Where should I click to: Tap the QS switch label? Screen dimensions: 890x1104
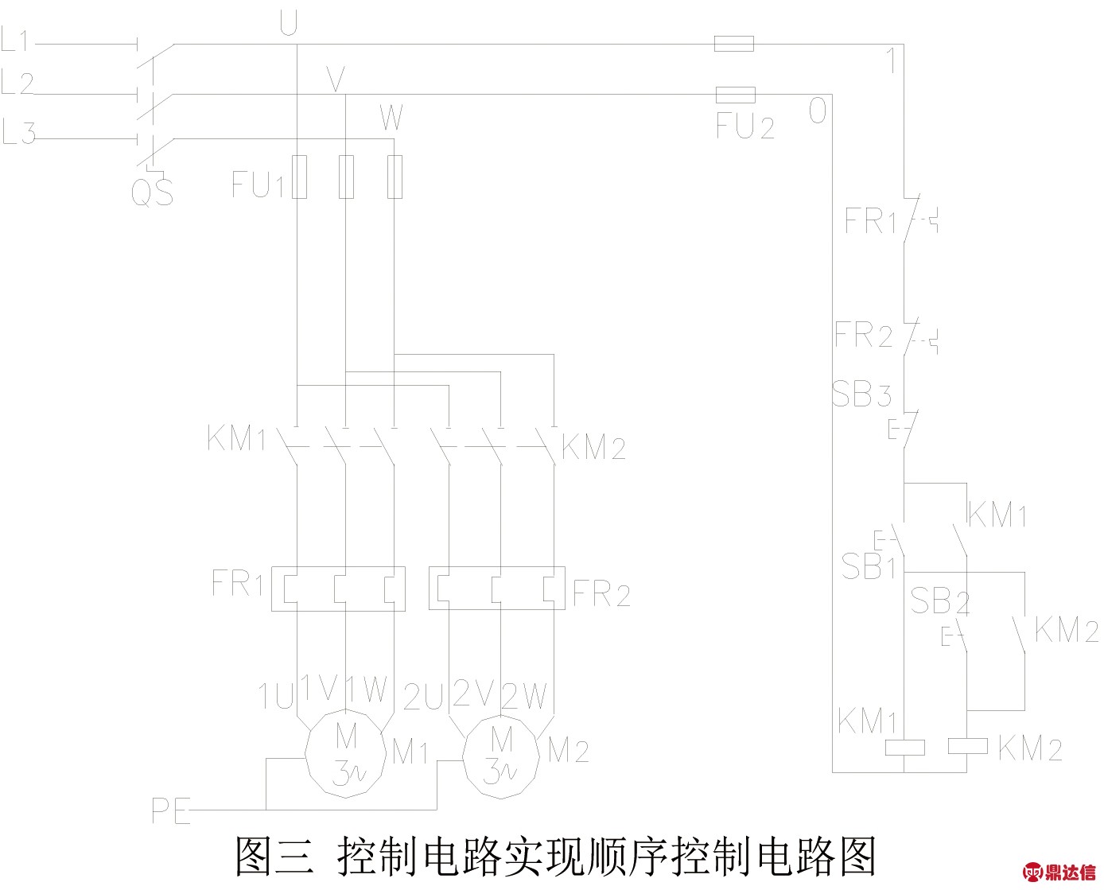click(x=152, y=192)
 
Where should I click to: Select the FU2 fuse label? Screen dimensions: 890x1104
click(x=744, y=126)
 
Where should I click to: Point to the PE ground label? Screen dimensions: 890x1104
click(x=170, y=810)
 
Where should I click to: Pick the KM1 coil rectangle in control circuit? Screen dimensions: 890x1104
click(x=905, y=747)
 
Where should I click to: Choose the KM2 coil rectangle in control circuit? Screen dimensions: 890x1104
click(x=968, y=746)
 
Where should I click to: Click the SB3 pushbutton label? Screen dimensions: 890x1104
click(x=861, y=394)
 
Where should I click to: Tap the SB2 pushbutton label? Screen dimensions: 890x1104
click(x=939, y=601)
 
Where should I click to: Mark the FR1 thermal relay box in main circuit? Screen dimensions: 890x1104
click(x=339, y=589)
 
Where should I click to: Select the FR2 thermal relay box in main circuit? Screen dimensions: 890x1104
click(x=496, y=589)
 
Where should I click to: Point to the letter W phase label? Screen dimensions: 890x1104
click(x=391, y=119)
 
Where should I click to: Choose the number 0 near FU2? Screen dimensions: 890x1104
click(x=818, y=111)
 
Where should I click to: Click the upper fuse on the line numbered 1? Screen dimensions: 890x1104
click(x=733, y=44)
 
